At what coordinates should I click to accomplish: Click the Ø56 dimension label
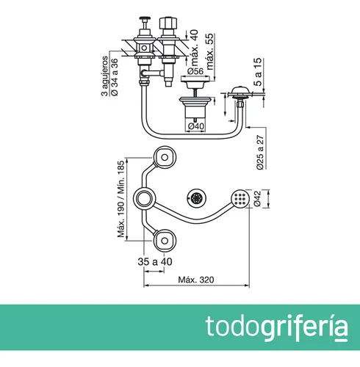195,71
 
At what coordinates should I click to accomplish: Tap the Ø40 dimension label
196,126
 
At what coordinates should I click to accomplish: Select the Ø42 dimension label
258,199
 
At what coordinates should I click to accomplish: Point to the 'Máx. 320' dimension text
196,280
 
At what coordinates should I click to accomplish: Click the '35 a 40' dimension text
155,262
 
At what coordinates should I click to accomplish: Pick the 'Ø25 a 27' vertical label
260,152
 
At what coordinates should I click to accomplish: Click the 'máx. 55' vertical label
210,51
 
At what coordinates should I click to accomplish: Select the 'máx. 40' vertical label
195,48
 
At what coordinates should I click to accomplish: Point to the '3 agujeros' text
104,76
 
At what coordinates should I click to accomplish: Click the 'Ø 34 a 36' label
115,77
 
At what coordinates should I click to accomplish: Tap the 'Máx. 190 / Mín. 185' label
121,199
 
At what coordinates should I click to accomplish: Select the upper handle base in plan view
165,157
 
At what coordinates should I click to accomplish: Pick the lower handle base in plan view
165,241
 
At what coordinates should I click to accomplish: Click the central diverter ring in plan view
144,198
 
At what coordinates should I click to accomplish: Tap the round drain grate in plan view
196,197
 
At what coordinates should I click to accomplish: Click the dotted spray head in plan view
240,198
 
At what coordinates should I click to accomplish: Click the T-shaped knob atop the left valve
145,20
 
